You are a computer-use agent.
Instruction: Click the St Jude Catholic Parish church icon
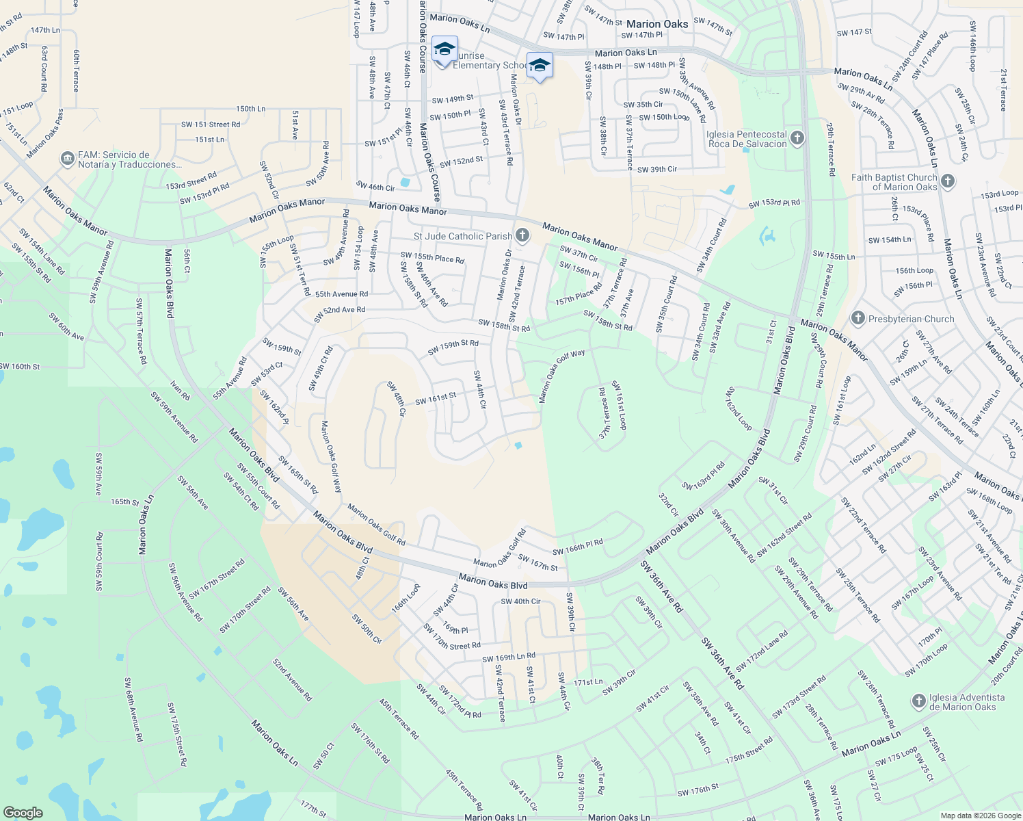[x=522, y=236]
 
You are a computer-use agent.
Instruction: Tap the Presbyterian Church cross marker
[x=858, y=319]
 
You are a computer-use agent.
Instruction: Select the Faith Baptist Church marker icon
[x=947, y=181]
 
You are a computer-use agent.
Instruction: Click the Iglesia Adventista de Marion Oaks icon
[x=919, y=701]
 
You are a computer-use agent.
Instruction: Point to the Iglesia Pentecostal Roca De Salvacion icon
[x=797, y=139]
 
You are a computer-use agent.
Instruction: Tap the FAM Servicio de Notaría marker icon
[x=67, y=159]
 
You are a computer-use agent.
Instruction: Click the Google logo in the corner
[x=23, y=812]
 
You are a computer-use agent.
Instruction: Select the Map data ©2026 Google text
[x=979, y=816]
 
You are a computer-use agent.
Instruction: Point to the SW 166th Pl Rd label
[x=578, y=547]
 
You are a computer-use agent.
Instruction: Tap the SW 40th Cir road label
[x=520, y=601]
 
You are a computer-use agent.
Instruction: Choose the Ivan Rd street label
[x=180, y=391]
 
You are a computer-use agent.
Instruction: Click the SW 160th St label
[x=21, y=367]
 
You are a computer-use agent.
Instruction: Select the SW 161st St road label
[x=436, y=398]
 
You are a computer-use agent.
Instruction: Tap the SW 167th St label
[x=537, y=563]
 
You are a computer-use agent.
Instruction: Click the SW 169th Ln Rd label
[x=509, y=657]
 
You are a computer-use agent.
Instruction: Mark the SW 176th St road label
[x=698, y=790]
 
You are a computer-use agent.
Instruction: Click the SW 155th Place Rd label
[x=432, y=257]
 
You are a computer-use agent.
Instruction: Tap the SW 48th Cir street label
[x=397, y=400]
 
